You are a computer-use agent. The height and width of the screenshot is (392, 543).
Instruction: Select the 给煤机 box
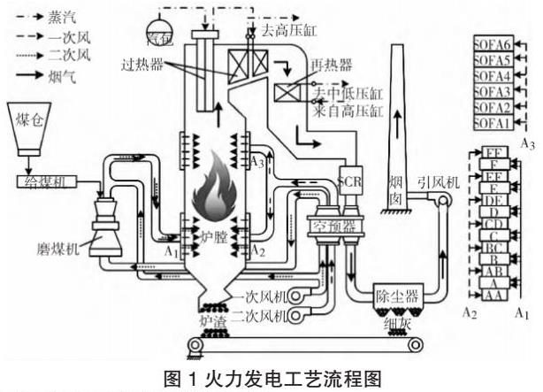click(47, 181)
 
